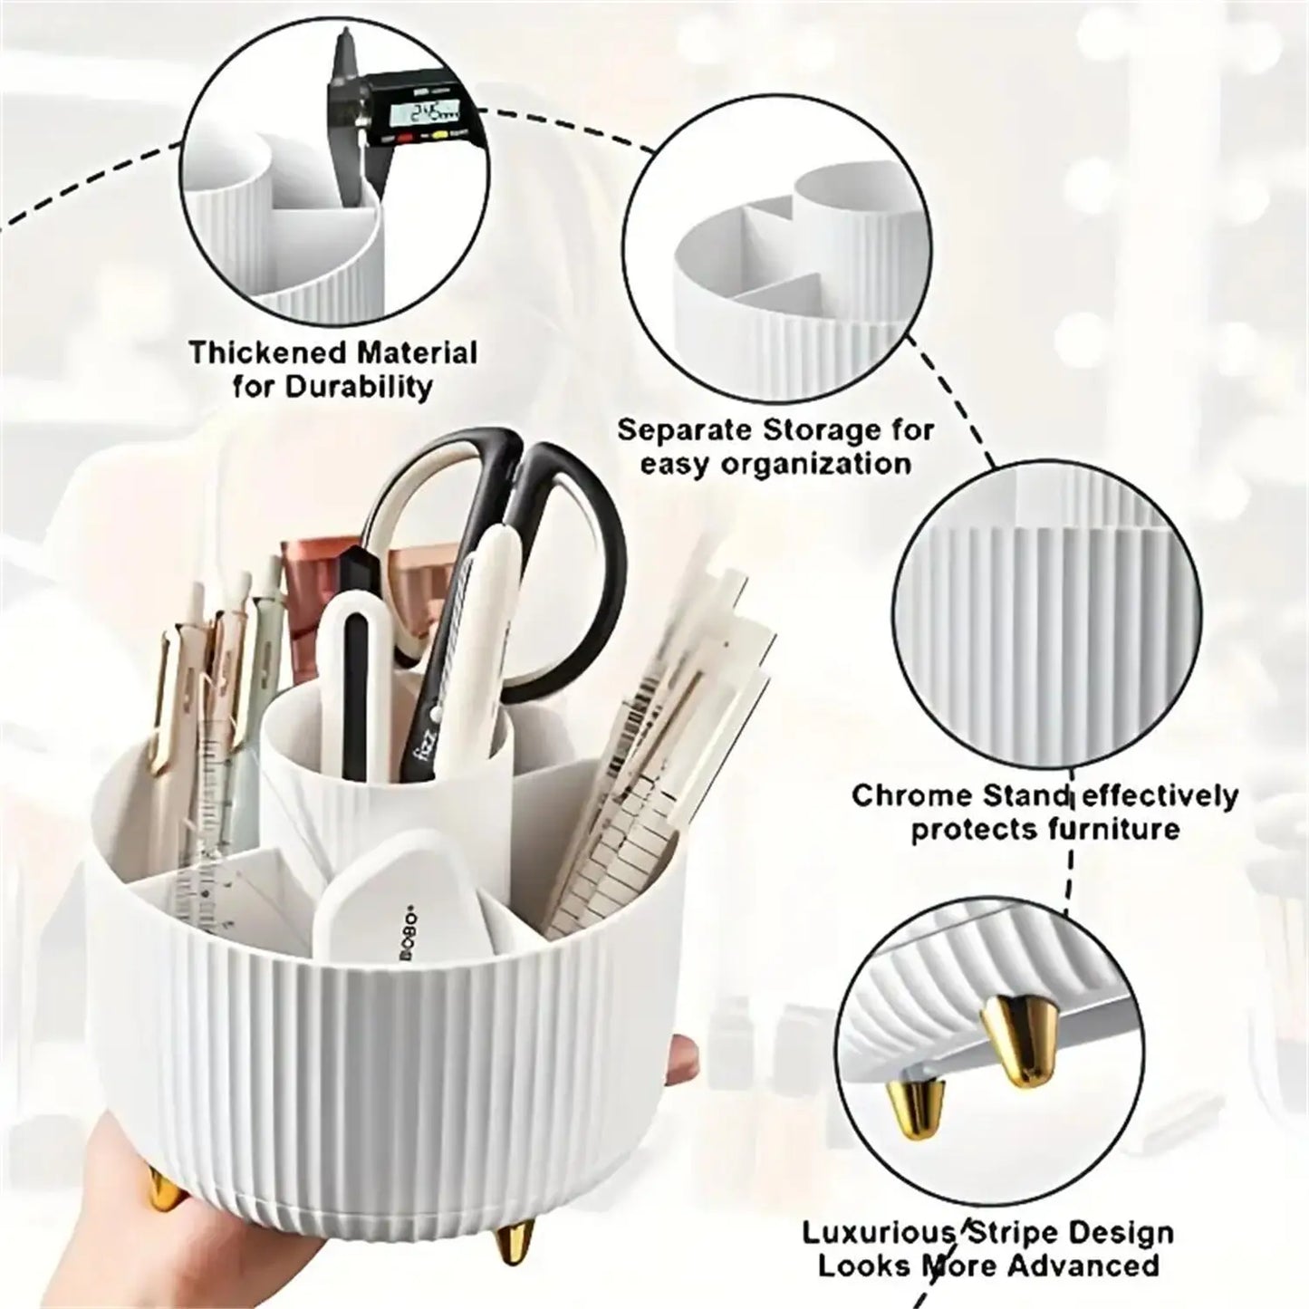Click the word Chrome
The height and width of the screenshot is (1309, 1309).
912,796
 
